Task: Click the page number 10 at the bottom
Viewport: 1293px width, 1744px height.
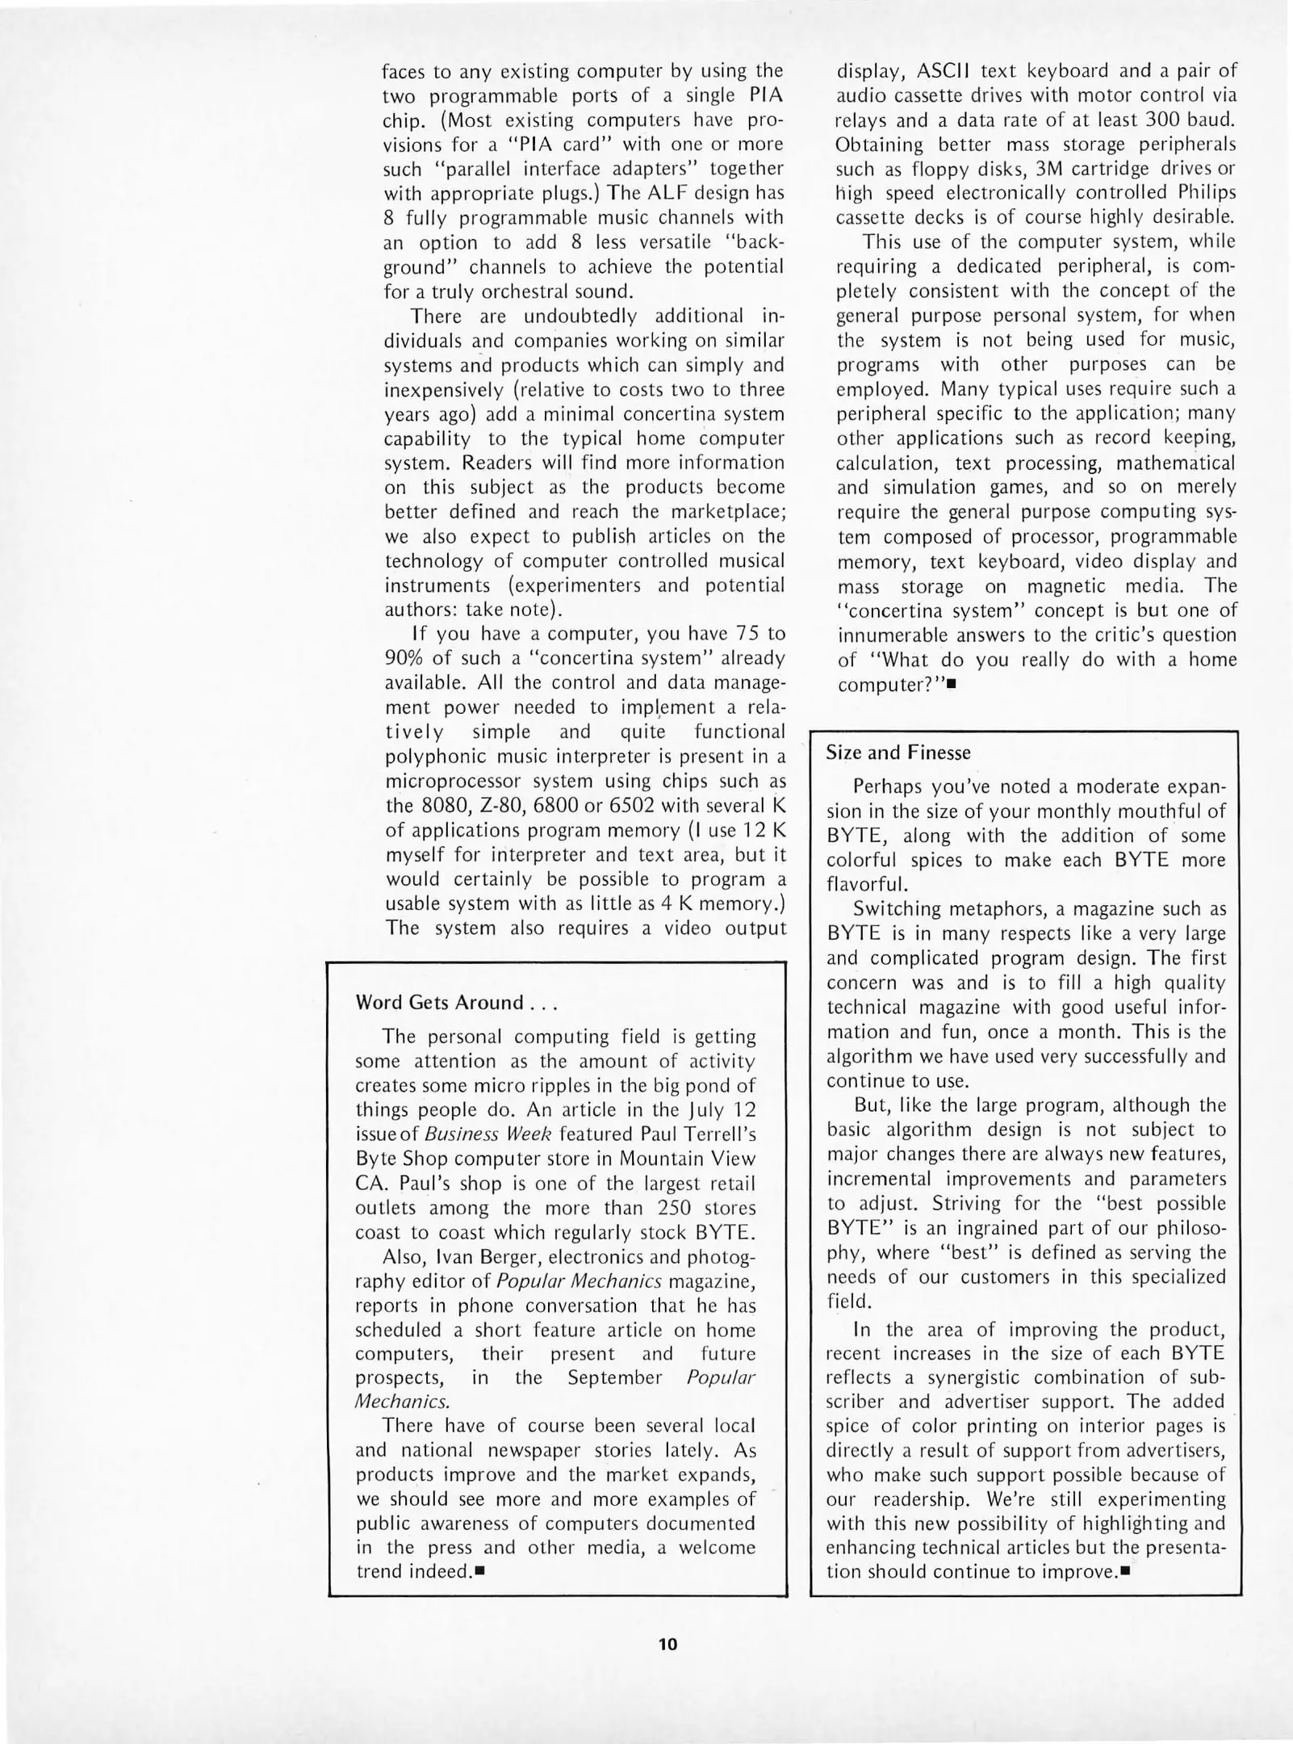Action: click(667, 1644)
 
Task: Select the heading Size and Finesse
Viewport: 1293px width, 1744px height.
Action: click(898, 753)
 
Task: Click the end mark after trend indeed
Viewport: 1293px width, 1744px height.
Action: click(479, 1571)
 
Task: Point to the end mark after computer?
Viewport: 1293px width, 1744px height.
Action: click(951, 684)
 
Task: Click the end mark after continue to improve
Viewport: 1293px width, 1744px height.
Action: click(1124, 1571)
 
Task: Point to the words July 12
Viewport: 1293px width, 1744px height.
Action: click(721, 1110)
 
